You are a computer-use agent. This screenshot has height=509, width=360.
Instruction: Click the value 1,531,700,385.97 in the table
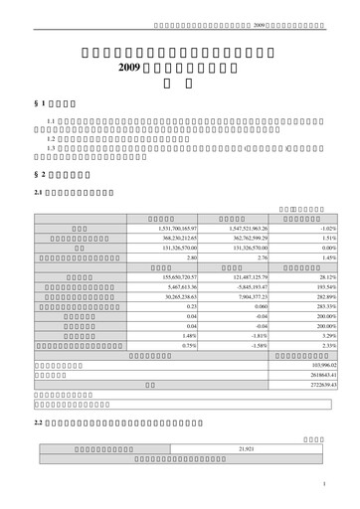(171, 228)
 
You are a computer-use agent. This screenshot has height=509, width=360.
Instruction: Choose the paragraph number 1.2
(51, 139)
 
